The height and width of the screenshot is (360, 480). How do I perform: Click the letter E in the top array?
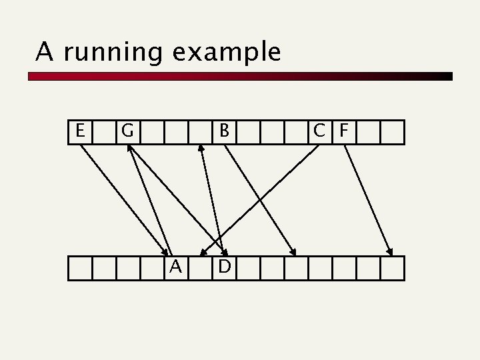tap(80, 131)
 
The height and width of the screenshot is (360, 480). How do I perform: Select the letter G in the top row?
tap(128, 131)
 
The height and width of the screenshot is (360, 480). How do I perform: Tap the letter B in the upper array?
tap(225, 131)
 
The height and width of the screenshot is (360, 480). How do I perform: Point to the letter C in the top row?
tap(320, 131)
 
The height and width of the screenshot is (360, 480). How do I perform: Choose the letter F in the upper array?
tap(344, 131)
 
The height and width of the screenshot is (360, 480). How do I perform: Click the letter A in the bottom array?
tap(176, 267)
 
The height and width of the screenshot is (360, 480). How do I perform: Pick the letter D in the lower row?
tap(225, 267)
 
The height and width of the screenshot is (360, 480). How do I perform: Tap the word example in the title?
tap(226, 52)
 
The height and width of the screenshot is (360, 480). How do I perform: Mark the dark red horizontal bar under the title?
tap(240, 77)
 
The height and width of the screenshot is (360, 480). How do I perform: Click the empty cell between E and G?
tap(104, 131)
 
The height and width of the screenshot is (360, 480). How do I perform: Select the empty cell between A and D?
tap(200, 268)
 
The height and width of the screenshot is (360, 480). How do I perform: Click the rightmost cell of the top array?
tap(392, 131)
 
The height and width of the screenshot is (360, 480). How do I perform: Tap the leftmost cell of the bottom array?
tap(80, 268)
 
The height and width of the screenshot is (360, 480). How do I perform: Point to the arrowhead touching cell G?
tap(130, 149)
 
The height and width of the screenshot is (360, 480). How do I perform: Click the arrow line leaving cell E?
tap(120, 193)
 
